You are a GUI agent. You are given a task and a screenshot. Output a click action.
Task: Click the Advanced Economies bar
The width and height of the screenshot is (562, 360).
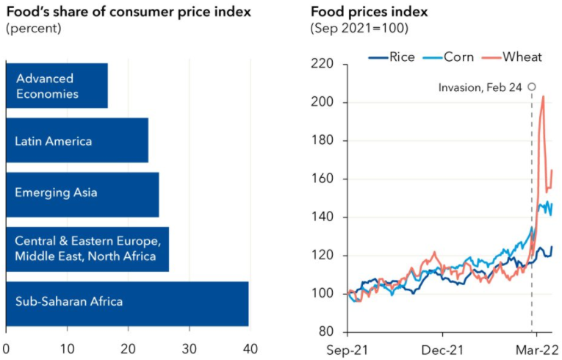[57, 85]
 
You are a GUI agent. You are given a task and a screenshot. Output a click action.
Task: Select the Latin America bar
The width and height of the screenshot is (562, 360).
[77, 140]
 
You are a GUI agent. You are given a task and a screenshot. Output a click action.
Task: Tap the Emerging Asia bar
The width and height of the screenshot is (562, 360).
[82, 195]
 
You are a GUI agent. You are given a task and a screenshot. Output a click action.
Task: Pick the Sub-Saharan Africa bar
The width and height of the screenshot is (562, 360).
[127, 302]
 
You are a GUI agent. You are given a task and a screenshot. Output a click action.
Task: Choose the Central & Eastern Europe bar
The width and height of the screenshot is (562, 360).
[87, 248]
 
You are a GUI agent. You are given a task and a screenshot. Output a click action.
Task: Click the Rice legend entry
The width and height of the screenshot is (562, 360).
[396, 56]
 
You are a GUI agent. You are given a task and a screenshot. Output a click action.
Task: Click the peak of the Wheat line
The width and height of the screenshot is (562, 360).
[543, 96]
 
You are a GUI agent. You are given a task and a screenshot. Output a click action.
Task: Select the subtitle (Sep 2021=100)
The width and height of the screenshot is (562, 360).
[359, 29]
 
